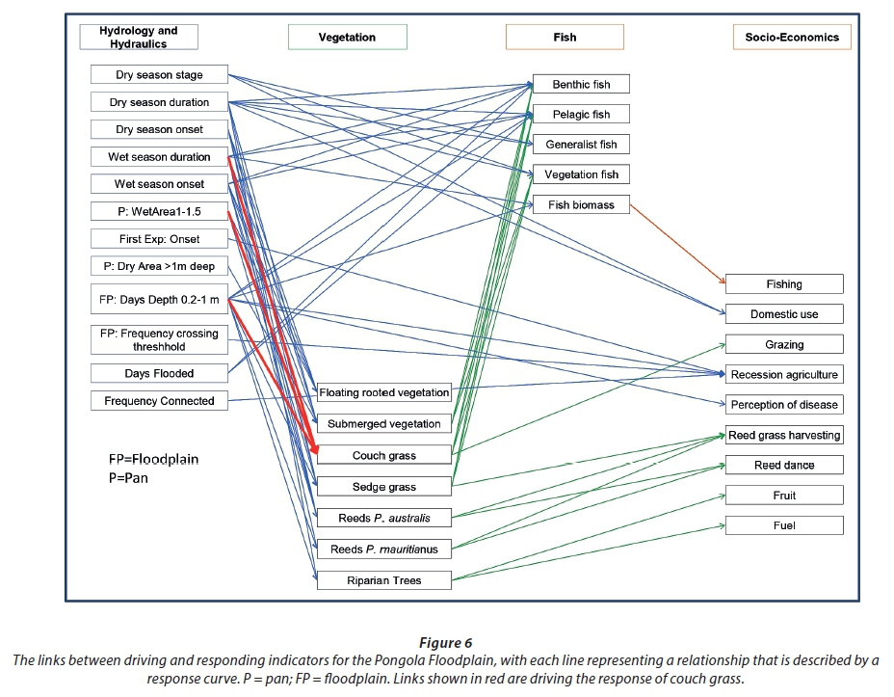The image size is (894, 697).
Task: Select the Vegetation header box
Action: (x=347, y=38)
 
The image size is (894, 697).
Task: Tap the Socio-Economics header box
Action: (x=792, y=38)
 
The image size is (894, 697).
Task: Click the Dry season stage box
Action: (x=159, y=74)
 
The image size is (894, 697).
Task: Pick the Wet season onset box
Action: (x=159, y=184)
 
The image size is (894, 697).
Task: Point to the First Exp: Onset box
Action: (x=159, y=238)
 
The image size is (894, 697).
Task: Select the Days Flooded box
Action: (x=159, y=373)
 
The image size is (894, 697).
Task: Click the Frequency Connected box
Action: (x=159, y=400)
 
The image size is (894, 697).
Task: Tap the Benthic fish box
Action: (x=581, y=85)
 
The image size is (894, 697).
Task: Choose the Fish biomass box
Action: (x=581, y=204)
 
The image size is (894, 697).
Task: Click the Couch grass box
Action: (x=383, y=455)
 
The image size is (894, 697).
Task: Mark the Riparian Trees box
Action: (x=383, y=580)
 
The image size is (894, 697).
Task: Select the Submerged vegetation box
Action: (x=383, y=423)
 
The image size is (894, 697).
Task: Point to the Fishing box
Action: (x=784, y=284)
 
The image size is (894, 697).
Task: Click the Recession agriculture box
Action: (x=784, y=375)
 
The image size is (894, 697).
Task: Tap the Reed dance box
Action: (x=784, y=466)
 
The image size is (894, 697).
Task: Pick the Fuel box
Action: (x=784, y=525)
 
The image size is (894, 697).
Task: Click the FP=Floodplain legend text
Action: (x=153, y=460)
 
